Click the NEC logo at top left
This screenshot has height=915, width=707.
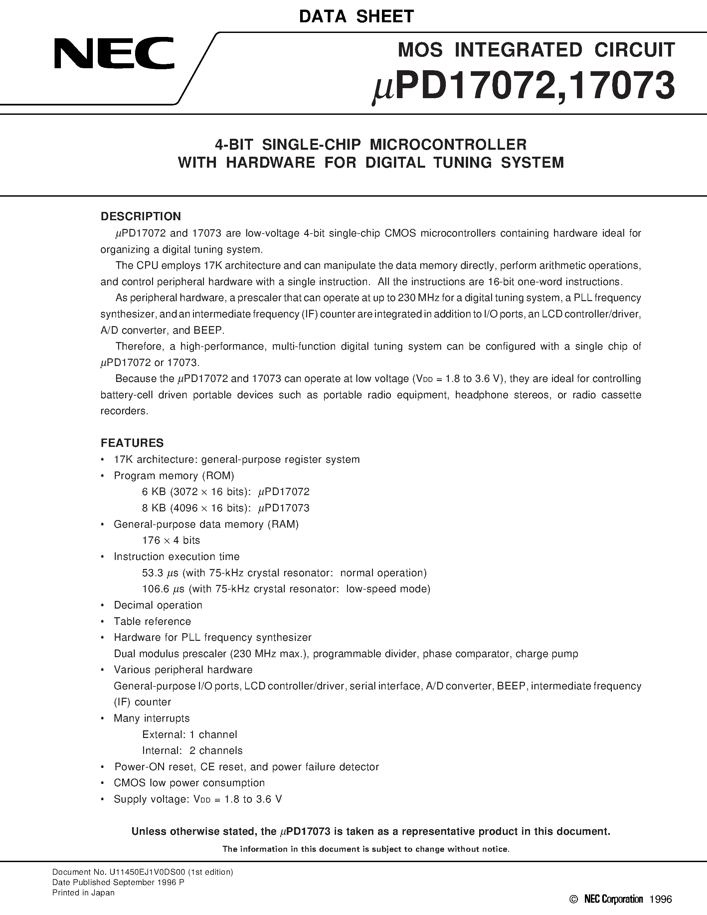[x=114, y=54]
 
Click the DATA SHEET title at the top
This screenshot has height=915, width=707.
[x=356, y=17]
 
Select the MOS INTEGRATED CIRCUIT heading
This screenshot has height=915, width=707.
[x=536, y=50]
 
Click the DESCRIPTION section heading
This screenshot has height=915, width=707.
[x=141, y=217]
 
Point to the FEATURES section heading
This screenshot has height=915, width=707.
[x=132, y=443]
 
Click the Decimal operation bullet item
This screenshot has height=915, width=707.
[x=158, y=605]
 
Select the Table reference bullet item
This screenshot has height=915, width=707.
[x=152, y=621]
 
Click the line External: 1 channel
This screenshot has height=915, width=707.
[x=189, y=734]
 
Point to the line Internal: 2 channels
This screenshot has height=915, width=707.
[x=192, y=750]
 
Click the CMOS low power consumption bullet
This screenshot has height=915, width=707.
[x=189, y=783]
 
